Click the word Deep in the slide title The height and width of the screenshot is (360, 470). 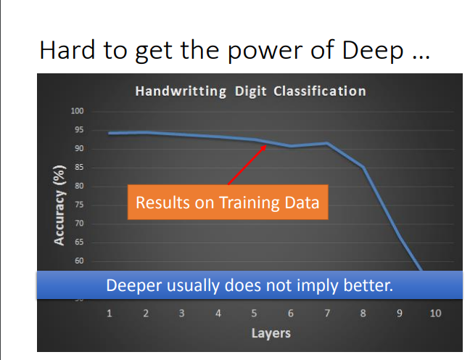(373, 50)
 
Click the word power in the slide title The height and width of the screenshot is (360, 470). (265, 51)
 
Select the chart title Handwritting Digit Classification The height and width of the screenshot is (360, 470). (250, 91)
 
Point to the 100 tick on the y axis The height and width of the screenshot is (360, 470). (77, 111)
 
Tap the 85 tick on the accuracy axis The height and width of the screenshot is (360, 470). (79, 167)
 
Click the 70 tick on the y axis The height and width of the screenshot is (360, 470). (79, 224)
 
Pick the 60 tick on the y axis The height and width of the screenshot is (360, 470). (79, 261)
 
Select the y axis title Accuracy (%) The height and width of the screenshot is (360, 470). (59, 205)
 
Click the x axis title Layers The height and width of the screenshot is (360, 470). (271, 333)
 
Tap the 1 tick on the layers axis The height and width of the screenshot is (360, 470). (110, 314)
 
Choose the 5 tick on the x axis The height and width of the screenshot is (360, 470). (254, 314)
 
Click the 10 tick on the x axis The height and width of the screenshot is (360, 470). (435, 314)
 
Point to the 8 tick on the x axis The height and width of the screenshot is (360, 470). (363, 314)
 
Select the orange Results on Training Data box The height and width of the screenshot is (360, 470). (228, 202)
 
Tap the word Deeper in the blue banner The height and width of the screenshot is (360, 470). (134, 285)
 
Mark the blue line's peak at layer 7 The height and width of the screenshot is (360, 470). (327, 144)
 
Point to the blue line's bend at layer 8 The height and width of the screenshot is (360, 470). (363, 167)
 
